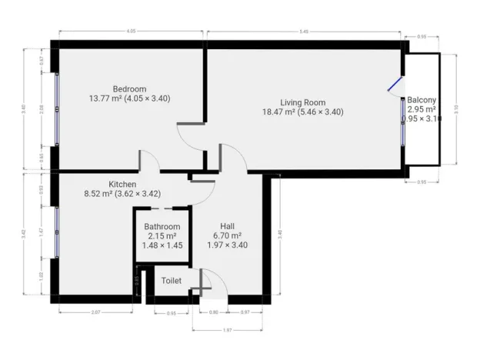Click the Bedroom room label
(x=129, y=89)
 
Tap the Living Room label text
(x=302, y=102)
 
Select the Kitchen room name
(x=122, y=185)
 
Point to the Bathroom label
(x=162, y=227)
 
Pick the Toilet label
(x=172, y=281)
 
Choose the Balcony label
(x=422, y=100)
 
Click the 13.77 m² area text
(x=105, y=98)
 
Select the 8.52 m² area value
(x=98, y=194)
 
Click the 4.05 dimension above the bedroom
(x=131, y=32)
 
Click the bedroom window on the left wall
(x=56, y=108)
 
